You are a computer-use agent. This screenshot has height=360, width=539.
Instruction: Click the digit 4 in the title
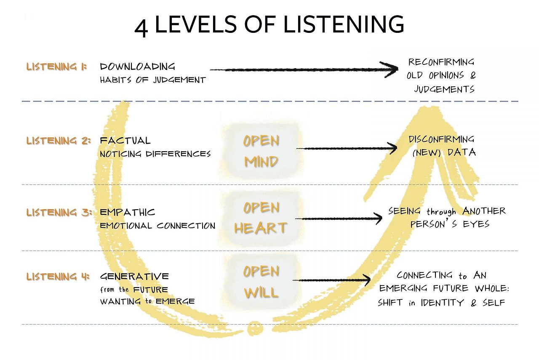click(x=141, y=27)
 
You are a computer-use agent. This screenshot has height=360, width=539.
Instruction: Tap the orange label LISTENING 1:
click(x=56, y=67)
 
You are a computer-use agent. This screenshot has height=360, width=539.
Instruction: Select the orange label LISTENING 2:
click(x=58, y=141)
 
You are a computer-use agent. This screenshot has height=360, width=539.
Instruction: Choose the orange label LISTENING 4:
click(x=58, y=277)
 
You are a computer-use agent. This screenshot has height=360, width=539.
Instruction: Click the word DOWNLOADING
click(x=137, y=67)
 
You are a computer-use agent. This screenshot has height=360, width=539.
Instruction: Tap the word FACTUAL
click(x=125, y=141)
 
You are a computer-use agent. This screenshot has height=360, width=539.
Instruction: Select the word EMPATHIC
click(x=128, y=212)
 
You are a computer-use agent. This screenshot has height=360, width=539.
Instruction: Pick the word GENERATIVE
click(x=134, y=277)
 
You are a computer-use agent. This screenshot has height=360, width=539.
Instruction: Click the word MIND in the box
click(x=261, y=162)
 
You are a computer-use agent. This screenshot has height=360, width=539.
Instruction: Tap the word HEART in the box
click(x=261, y=228)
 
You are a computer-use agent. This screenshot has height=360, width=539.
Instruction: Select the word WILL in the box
click(x=261, y=292)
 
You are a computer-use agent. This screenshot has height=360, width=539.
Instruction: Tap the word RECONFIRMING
click(x=441, y=62)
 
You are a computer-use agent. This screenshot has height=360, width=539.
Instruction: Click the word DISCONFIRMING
click(x=441, y=139)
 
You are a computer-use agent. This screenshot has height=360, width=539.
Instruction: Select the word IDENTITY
click(x=443, y=303)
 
